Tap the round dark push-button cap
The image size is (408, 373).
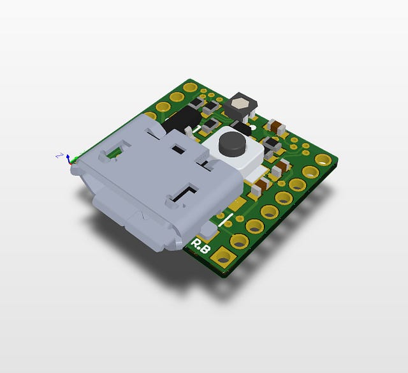[x=231, y=144]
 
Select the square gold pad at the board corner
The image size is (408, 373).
[x=223, y=258]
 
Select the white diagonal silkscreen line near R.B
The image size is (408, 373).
[x=225, y=222]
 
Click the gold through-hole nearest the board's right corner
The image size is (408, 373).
[x=312, y=172]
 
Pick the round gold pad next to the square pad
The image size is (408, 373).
[x=240, y=241]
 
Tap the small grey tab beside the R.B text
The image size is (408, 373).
[x=208, y=229]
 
